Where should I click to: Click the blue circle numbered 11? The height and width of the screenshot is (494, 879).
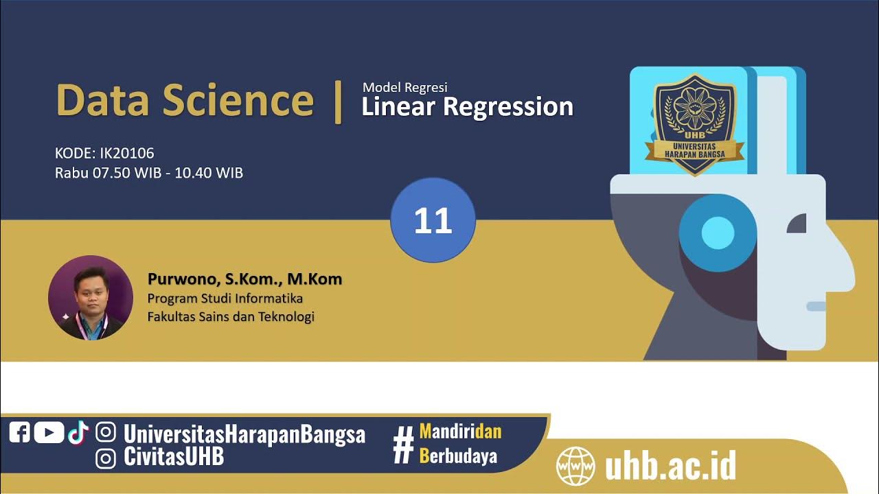tap(433, 220)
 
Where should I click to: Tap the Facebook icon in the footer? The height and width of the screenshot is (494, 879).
tap(19, 432)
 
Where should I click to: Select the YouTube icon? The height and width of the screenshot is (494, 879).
tap(49, 432)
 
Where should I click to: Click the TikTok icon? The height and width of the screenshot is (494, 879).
tap(78, 432)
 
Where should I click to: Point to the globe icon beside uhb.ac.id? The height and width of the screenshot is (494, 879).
tap(575, 466)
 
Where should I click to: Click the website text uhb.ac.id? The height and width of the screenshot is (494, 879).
tap(670, 466)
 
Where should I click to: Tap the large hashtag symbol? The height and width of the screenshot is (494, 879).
tap(403, 445)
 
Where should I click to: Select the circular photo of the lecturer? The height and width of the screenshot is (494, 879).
tap(91, 298)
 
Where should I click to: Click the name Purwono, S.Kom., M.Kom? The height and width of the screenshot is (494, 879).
tap(244, 279)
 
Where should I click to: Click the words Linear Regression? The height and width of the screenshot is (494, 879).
tap(467, 107)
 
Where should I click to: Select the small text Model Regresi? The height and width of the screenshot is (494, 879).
tap(405, 87)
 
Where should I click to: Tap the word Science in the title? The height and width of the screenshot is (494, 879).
tap(238, 100)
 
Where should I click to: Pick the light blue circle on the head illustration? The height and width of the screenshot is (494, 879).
tap(718, 232)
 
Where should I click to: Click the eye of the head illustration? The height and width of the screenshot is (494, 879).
tap(797, 224)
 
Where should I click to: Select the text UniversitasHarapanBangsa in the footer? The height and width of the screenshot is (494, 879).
tap(244, 434)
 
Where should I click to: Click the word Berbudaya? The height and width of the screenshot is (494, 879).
tap(458, 456)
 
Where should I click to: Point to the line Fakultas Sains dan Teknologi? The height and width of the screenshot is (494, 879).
tap(231, 317)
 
